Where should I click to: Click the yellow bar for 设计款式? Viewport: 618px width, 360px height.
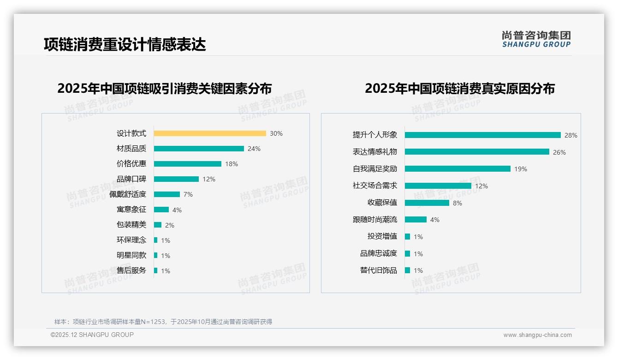pos(210,133)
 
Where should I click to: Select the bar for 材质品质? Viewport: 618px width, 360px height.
pos(199,149)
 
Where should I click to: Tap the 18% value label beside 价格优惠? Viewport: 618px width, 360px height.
pos(232,164)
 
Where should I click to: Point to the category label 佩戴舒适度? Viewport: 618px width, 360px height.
pos(128,194)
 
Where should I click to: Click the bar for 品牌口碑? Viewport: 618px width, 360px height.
pos(176,179)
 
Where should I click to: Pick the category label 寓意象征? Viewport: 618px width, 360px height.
pos(131,210)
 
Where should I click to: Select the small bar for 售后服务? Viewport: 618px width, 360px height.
pos(156,270)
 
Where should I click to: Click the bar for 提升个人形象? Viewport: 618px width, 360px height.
pos(482,135)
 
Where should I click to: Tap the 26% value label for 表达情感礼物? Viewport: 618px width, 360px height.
pos(559,152)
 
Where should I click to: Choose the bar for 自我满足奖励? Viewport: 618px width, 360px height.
pos(458,169)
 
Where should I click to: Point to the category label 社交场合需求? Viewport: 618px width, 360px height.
pos(375,186)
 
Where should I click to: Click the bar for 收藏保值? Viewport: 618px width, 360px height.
pos(427,203)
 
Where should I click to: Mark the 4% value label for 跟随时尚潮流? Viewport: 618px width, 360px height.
pos(434,220)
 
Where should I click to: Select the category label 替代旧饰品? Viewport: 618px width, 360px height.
pos(379,270)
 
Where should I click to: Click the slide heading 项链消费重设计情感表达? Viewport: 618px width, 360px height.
pos(125,44)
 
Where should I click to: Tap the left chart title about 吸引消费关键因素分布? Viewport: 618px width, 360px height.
pos(165,88)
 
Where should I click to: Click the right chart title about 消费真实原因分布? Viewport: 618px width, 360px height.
pos(459,88)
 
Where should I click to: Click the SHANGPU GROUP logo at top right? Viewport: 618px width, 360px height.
pos(536,39)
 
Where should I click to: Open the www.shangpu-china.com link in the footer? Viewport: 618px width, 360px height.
pos(537,335)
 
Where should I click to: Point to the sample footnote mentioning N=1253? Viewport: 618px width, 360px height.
pos(163,322)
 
